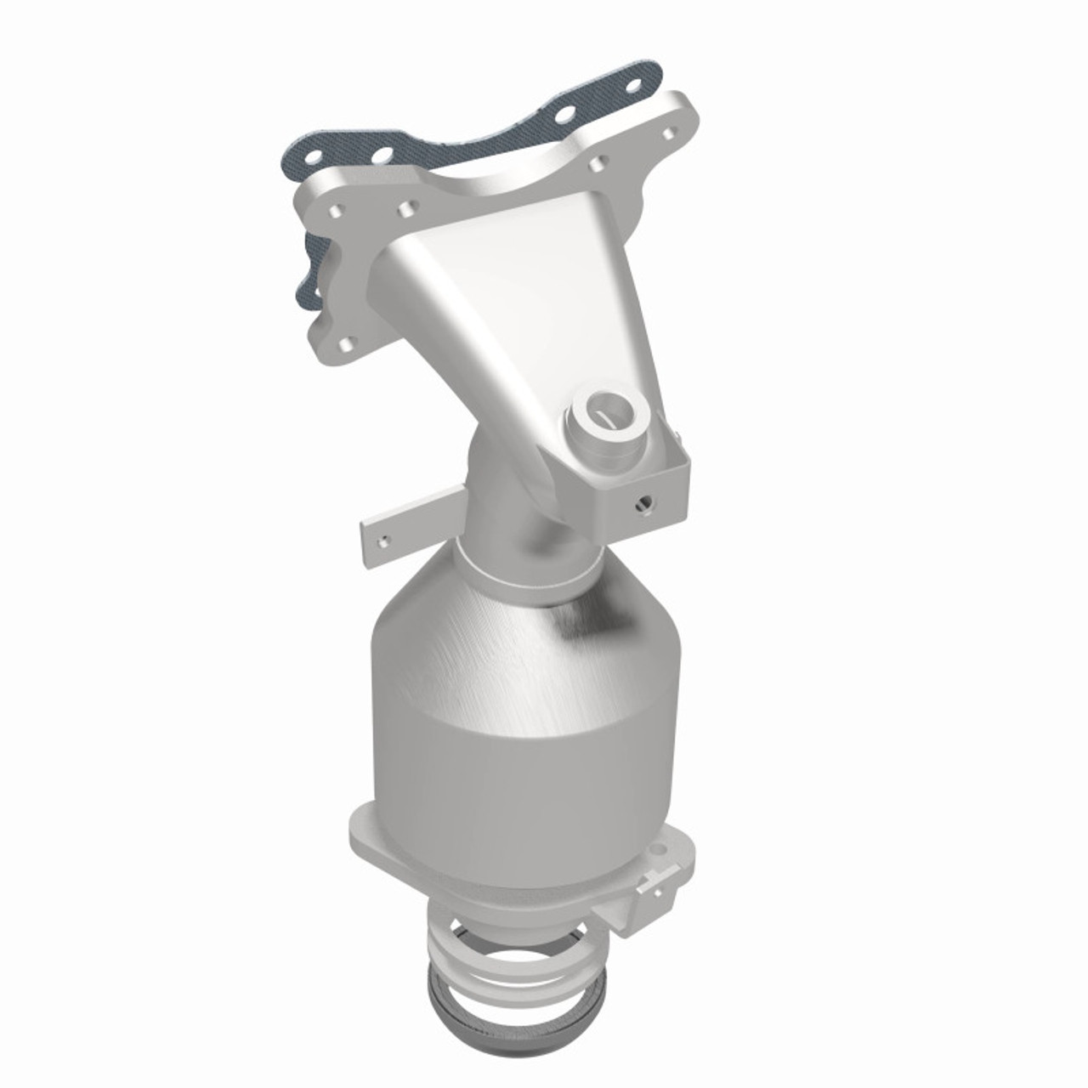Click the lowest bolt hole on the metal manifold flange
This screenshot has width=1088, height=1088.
coord(348,344)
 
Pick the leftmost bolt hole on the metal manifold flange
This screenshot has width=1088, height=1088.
coord(337,210)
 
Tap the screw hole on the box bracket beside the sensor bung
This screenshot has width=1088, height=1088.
coord(643,503)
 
